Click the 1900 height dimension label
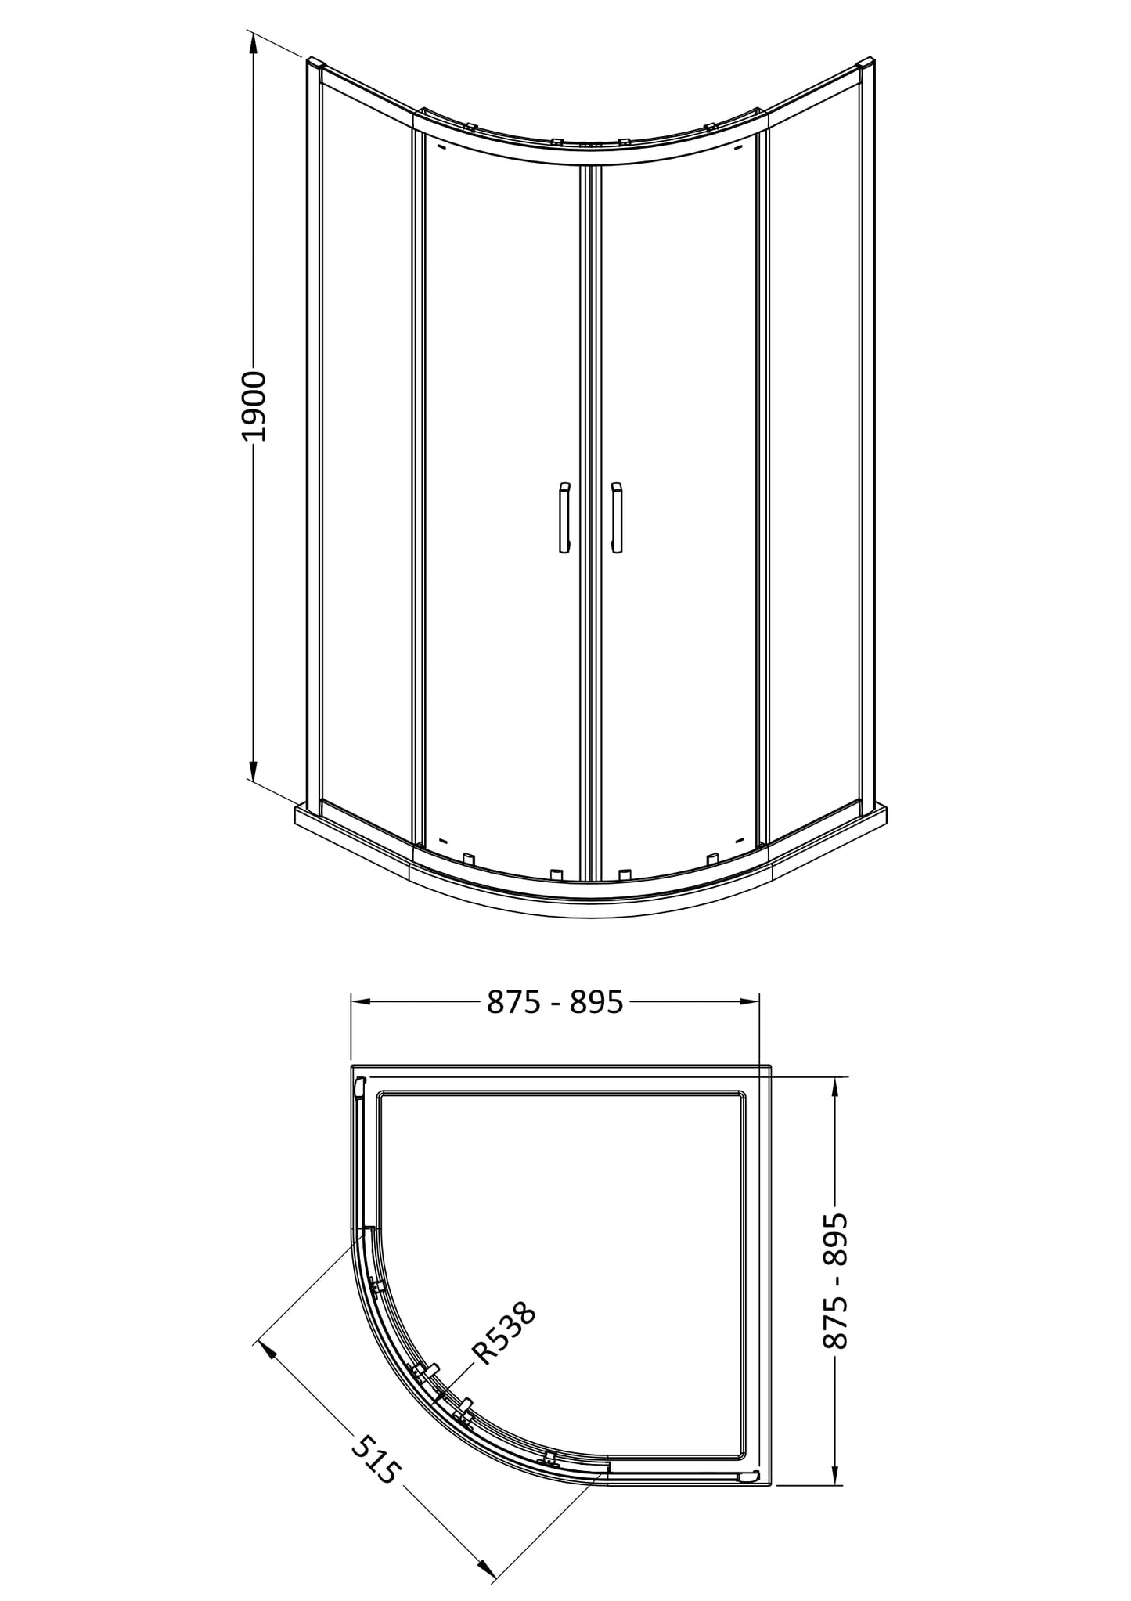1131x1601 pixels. tap(254, 407)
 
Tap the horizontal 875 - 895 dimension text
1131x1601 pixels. tap(555, 1001)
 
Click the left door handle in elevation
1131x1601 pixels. tap(564, 518)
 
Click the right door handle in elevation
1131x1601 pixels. tap(616, 518)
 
